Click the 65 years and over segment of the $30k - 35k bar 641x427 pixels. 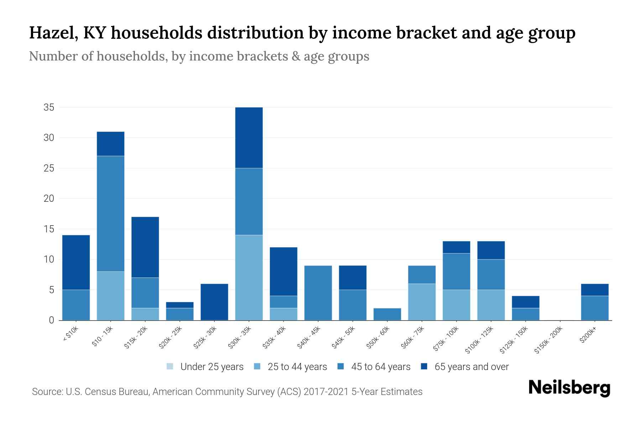click(x=249, y=138)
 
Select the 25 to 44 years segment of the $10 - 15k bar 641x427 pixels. click(x=110, y=296)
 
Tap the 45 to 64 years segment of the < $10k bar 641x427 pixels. click(x=76, y=305)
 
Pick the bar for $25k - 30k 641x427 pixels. click(x=214, y=302)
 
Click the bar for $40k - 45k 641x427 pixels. click(x=318, y=293)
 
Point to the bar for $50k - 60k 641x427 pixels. click(x=387, y=314)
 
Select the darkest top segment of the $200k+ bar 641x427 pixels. click(x=595, y=290)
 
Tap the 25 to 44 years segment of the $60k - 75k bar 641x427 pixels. click(x=422, y=302)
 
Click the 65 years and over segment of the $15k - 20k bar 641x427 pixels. click(x=145, y=247)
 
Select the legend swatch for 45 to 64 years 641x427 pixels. click(x=341, y=367)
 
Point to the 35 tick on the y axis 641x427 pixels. click(x=49, y=107)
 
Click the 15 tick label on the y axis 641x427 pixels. click(x=49, y=229)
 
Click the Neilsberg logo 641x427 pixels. click(x=569, y=388)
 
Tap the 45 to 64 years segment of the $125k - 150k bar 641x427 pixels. click(x=526, y=314)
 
